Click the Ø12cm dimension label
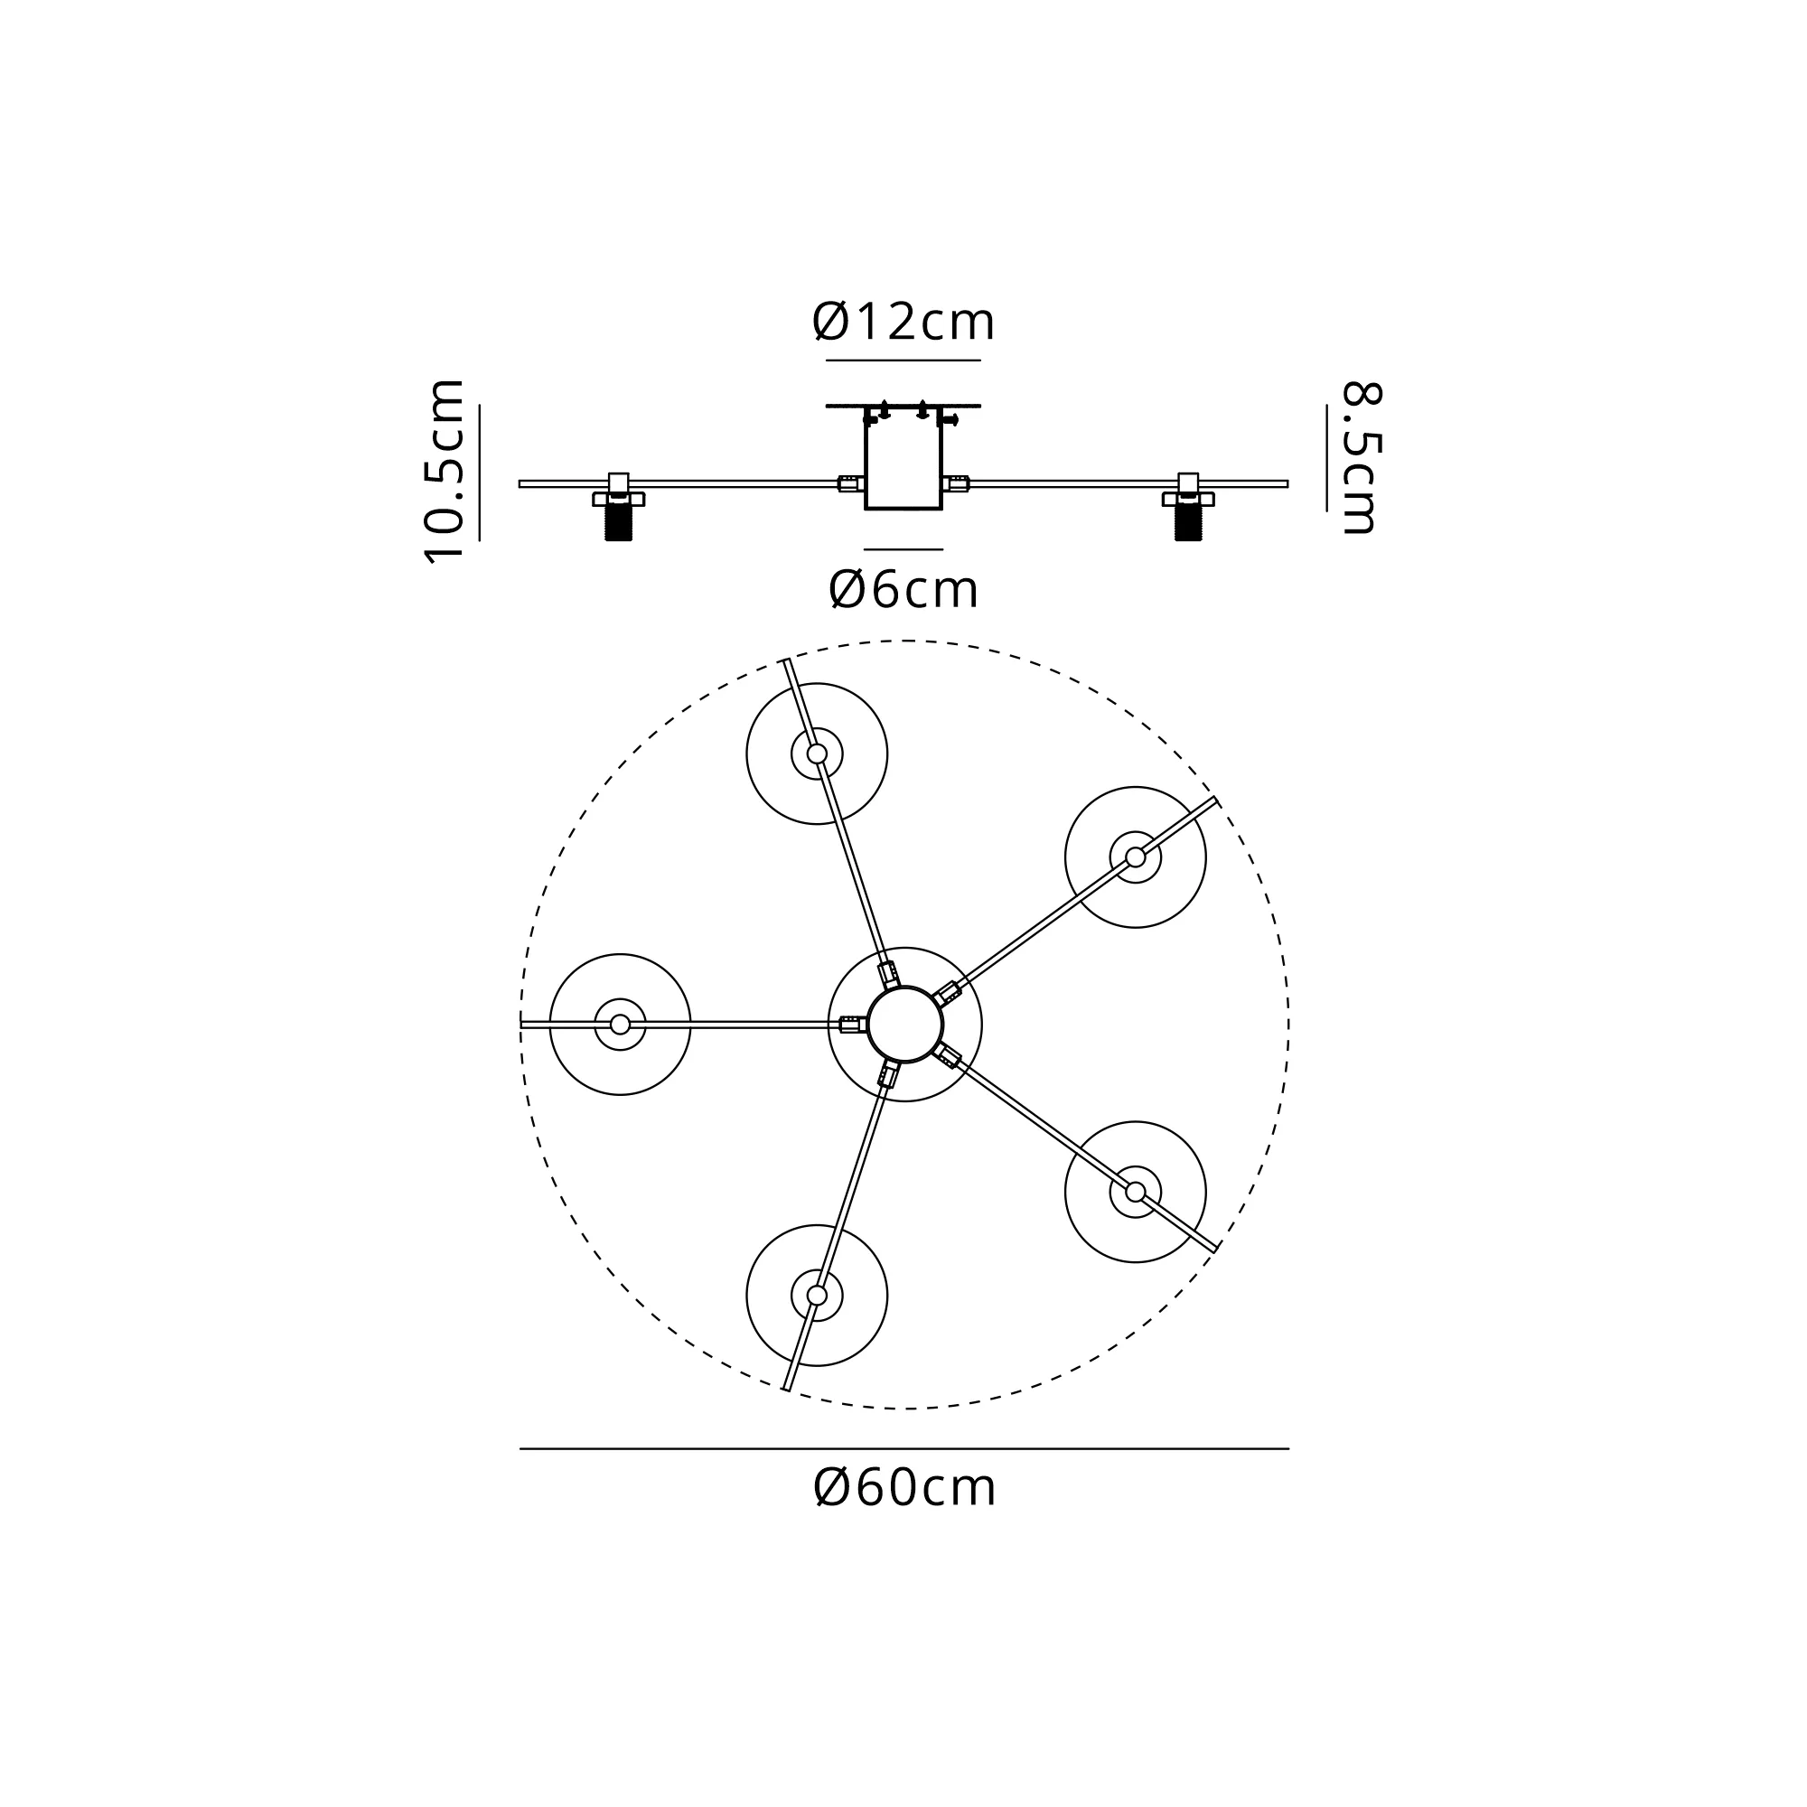903,322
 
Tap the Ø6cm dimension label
903,589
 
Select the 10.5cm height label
445,472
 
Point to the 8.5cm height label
1361,458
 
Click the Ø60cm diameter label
904,1488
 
